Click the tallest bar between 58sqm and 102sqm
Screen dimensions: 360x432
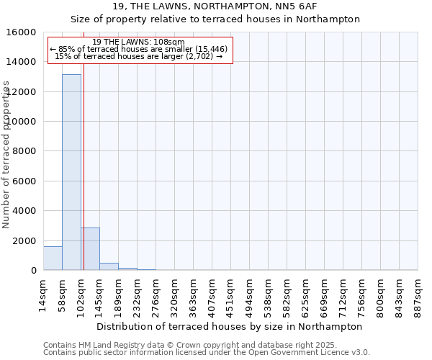[71, 173]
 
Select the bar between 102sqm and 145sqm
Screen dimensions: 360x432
[91, 249]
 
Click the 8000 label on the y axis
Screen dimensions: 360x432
[27, 151]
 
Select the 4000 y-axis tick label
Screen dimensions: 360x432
[27, 211]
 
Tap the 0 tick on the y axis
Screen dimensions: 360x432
[34, 271]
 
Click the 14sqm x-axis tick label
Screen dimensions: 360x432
[44, 292]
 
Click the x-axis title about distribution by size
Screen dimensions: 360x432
[230, 326]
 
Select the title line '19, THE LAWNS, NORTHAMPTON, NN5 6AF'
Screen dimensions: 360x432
[215, 6]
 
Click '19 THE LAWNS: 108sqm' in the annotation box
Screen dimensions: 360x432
[139, 42]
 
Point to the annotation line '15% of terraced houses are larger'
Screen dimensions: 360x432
[139, 56]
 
